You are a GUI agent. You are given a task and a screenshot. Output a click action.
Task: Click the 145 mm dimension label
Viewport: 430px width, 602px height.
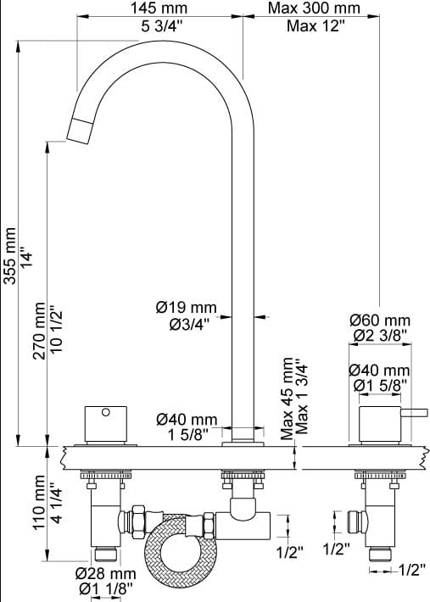pyautogui.click(x=159, y=8)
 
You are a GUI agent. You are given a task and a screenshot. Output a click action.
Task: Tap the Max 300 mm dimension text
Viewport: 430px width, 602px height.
pyautogui.click(x=314, y=8)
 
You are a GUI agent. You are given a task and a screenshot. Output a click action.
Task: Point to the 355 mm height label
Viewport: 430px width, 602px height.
pyautogui.click(x=9, y=256)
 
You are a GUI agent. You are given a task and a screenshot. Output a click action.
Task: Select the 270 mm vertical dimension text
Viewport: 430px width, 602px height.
pyautogui.click(x=39, y=331)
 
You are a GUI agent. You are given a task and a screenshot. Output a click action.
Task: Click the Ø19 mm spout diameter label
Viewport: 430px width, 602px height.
pyautogui.click(x=187, y=307)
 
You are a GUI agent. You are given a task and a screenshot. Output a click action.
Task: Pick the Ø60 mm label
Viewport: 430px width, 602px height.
pyautogui.click(x=380, y=321)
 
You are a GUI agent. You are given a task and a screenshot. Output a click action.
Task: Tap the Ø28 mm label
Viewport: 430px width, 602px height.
pyautogui.click(x=105, y=573)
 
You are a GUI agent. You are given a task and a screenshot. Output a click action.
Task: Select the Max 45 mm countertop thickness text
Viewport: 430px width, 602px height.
pyautogui.click(x=287, y=399)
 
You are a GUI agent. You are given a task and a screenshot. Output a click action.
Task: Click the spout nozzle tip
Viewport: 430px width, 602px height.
pyautogui.click(x=79, y=131)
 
